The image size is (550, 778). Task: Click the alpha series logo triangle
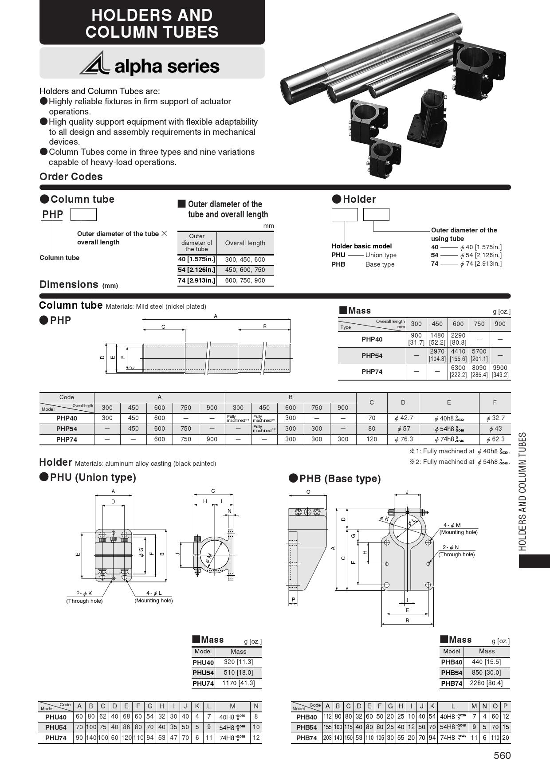pos(95,64)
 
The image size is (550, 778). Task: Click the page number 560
pos(502,755)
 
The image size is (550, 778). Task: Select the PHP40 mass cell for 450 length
pos(437,339)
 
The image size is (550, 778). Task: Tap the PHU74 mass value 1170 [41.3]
pos(238,683)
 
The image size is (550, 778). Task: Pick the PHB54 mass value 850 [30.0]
pos(486,672)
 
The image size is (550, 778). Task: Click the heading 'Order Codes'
pos(71,177)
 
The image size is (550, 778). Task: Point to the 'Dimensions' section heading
pos(69,284)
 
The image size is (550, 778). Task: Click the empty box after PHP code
pos(83,214)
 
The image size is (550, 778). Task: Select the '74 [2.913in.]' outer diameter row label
pos(196,280)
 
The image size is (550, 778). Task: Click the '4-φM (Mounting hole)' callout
pos(458,529)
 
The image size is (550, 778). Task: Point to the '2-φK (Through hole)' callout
pos(84,597)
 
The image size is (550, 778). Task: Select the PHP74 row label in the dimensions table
pos(67,440)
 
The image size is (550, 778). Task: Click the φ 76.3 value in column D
pos(403,439)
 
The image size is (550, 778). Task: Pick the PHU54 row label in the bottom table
pos(56,727)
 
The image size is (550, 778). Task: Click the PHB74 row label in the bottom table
pos(306,738)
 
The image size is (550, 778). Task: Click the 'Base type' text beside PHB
pos(380,264)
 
